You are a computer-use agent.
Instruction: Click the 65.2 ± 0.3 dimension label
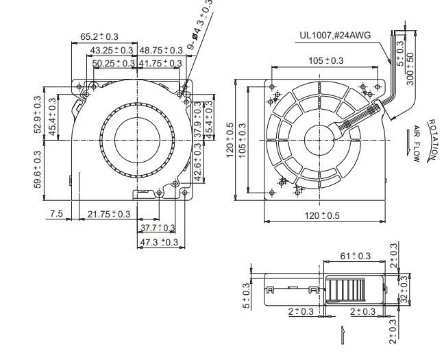[x=99, y=36]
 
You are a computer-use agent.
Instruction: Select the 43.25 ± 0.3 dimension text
[x=112, y=50]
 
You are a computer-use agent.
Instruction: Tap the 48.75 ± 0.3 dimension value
[x=161, y=50]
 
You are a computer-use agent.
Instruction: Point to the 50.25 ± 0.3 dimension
[x=114, y=63]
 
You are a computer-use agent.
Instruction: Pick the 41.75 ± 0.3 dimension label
[x=160, y=63]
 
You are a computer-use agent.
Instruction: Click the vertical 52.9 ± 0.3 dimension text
[x=38, y=115]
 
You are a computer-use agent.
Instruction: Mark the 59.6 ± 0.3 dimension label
[x=38, y=169]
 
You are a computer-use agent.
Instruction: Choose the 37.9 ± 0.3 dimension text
[x=198, y=119]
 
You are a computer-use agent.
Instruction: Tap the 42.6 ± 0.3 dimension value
[x=198, y=162]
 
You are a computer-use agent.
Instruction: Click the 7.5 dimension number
[x=56, y=213]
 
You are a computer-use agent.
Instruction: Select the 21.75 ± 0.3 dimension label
[x=109, y=214]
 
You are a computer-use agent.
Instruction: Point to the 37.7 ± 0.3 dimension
[x=158, y=228]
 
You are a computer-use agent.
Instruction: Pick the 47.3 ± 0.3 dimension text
[x=159, y=242]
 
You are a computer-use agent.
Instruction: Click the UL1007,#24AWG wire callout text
[x=335, y=35]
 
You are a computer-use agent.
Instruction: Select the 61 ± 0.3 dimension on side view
[x=355, y=256]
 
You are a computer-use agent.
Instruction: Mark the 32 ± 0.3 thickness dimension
[x=404, y=289]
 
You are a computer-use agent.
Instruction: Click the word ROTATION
[x=432, y=139]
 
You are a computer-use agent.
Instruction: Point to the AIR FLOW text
[x=417, y=144]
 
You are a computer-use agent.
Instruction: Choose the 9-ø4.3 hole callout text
[x=199, y=25]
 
